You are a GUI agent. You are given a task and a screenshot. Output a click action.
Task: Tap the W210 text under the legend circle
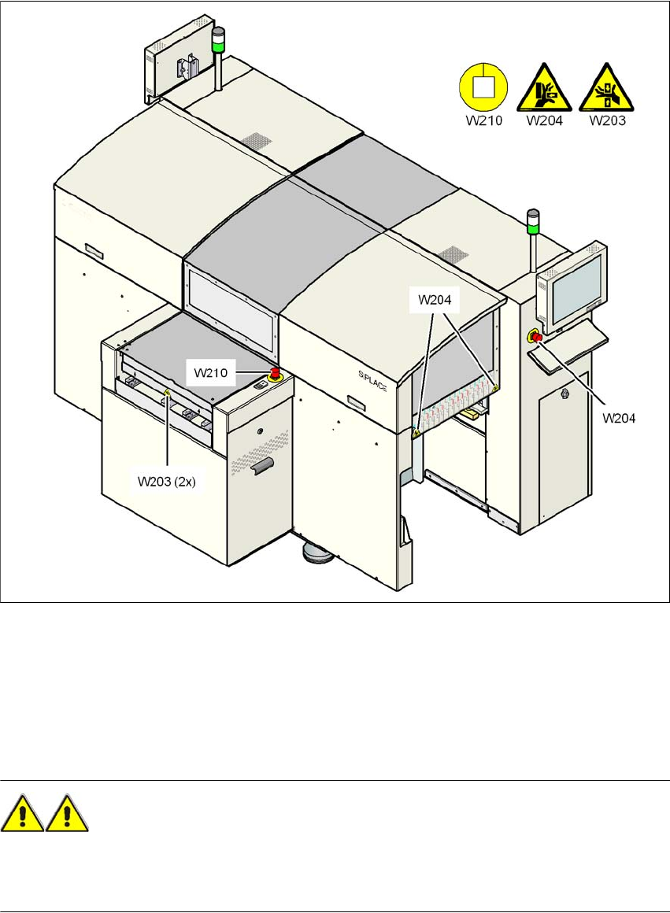481,121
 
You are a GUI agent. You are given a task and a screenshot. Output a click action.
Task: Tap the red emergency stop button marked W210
276,373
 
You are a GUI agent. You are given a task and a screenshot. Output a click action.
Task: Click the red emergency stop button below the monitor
537,338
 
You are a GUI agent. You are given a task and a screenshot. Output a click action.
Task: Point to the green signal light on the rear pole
218,37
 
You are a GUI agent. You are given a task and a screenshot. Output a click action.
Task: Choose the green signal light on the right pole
534,227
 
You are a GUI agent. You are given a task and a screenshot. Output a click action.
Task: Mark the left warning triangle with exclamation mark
23,814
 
